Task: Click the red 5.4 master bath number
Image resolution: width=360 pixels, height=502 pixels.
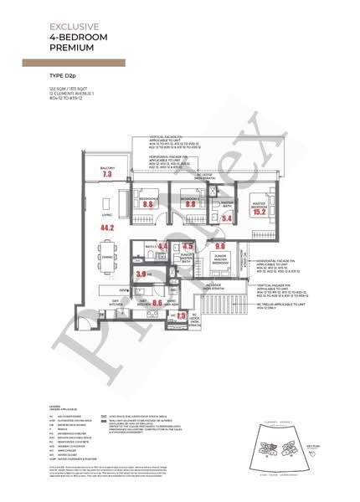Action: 225,218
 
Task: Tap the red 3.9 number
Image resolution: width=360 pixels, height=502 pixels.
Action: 141,274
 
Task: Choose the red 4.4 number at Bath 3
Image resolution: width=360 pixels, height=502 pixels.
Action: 162,247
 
